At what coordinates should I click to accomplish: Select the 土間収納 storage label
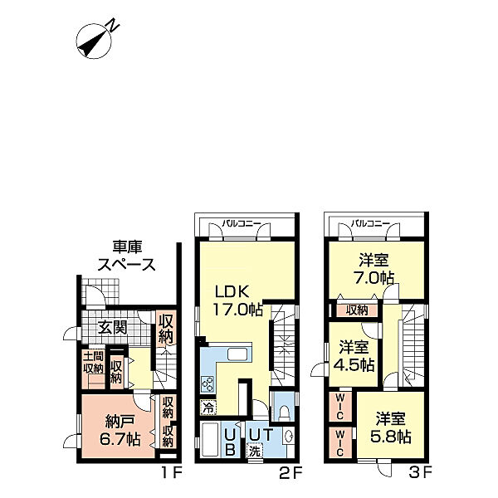(x=92, y=364)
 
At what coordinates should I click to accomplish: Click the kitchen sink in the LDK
(x=237, y=356)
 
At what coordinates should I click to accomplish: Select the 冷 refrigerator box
(x=207, y=408)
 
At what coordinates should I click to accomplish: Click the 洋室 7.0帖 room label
(x=372, y=268)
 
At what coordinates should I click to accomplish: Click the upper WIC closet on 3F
(x=341, y=406)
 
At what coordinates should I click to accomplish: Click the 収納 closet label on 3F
(x=358, y=310)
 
